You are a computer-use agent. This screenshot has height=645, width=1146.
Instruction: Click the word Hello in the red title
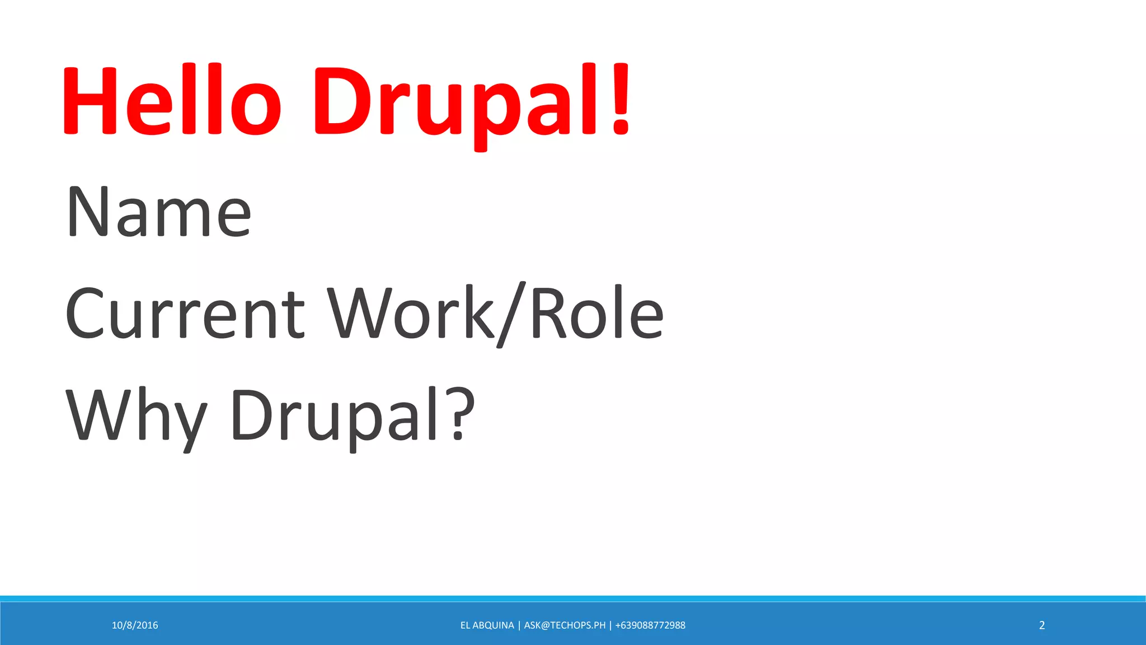[171, 101]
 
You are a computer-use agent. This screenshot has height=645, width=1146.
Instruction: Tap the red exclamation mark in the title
[621, 101]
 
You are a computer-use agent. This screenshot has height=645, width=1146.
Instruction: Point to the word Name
[159, 212]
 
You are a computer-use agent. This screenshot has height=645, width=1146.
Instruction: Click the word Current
[185, 314]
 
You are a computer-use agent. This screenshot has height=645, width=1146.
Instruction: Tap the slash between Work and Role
[511, 314]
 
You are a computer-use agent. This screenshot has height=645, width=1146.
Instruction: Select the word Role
[596, 314]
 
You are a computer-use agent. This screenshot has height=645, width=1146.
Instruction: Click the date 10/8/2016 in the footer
[135, 625]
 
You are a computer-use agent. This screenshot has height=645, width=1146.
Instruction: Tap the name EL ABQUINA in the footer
[487, 625]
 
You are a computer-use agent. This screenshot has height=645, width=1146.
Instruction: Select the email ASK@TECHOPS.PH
[565, 625]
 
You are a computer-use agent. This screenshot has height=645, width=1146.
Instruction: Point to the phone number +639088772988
[650, 625]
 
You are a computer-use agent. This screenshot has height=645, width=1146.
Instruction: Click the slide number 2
[1042, 625]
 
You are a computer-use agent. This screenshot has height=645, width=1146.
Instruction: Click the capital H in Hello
[90, 101]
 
